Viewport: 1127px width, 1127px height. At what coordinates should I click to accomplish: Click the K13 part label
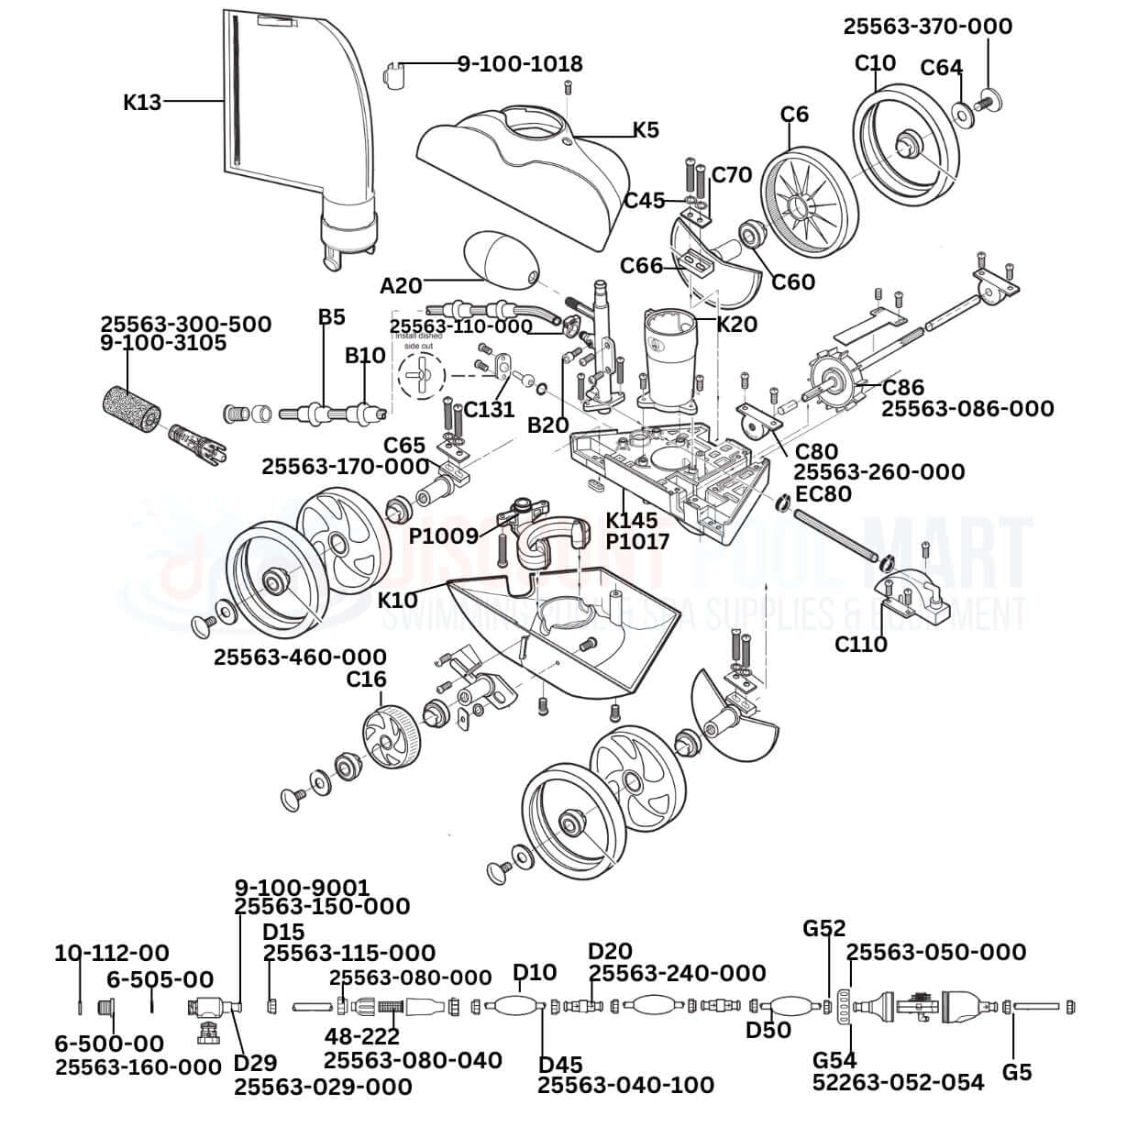click(142, 102)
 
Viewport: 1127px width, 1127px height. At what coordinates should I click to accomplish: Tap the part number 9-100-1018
click(520, 63)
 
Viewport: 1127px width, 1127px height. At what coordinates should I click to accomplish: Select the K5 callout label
click(646, 129)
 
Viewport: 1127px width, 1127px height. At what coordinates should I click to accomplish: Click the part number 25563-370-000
click(928, 26)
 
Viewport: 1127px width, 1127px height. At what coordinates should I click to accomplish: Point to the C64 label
click(941, 68)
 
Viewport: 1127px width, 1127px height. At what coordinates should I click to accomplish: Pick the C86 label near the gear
click(902, 387)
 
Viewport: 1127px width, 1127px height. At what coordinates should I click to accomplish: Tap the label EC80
click(823, 494)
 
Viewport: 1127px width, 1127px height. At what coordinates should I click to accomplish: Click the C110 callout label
click(861, 644)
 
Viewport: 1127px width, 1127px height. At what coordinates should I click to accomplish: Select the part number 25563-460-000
click(300, 657)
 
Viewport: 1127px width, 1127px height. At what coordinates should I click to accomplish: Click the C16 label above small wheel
click(366, 680)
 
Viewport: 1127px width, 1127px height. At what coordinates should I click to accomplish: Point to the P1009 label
click(444, 536)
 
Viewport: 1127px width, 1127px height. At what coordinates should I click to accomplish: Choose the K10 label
click(398, 600)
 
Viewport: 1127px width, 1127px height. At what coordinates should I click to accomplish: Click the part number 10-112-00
click(112, 954)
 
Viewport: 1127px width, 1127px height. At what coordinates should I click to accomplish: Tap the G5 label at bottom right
click(1017, 1070)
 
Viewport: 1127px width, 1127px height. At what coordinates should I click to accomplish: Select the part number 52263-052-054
click(898, 1082)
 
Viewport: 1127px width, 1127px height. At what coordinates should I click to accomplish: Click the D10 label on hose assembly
click(534, 971)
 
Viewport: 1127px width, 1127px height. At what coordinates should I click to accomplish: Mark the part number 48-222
click(362, 1036)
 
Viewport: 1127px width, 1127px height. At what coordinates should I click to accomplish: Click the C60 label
click(793, 281)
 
